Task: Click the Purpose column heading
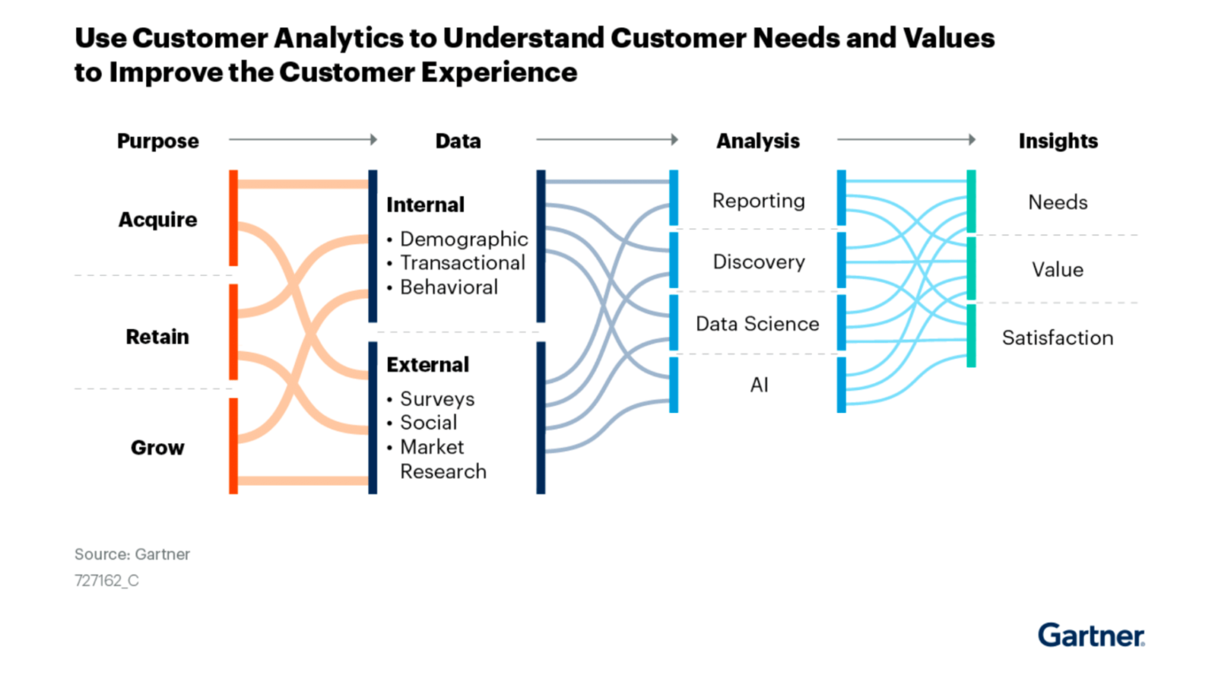pyautogui.click(x=158, y=141)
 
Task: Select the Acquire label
pyautogui.click(x=158, y=220)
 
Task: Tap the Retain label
pyautogui.click(x=158, y=337)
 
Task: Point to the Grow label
pyautogui.click(x=158, y=448)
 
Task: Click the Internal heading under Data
pyautogui.click(x=425, y=205)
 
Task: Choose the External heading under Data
pyautogui.click(x=427, y=365)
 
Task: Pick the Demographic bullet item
pyautogui.click(x=463, y=239)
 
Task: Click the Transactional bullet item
pyautogui.click(x=462, y=263)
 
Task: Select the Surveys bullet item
pyautogui.click(x=437, y=399)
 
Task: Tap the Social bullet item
pyautogui.click(x=428, y=423)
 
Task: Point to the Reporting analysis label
pyautogui.click(x=758, y=201)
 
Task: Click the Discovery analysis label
pyautogui.click(x=758, y=262)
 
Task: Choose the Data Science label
pyautogui.click(x=757, y=324)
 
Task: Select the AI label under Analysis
pyautogui.click(x=759, y=385)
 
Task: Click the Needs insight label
pyautogui.click(x=1057, y=203)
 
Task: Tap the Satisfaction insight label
pyautogui.click(x=1057, y=339)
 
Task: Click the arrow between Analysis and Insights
pyautogui.click(x=906, y=140)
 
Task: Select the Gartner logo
pyautogui.click(x=1091, y=635)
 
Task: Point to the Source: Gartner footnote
pyautogui.click(x=132, y=555)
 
